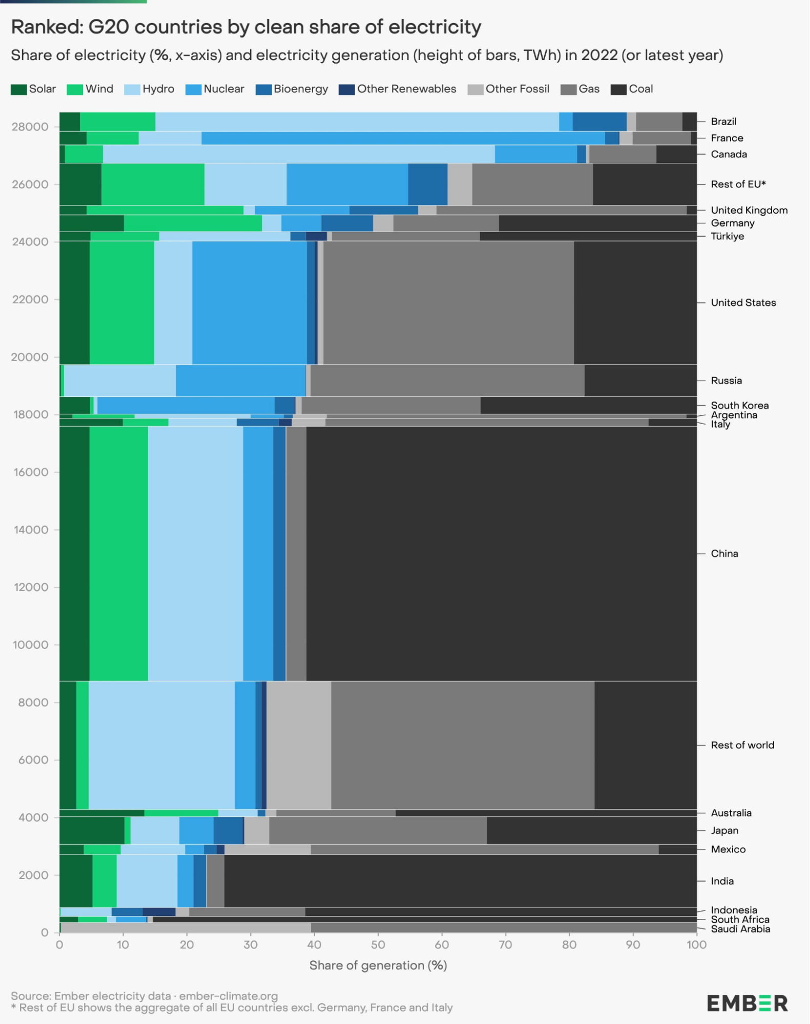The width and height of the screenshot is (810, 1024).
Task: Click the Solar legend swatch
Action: coord(18,89)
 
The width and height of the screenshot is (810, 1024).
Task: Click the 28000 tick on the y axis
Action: coord(30,127)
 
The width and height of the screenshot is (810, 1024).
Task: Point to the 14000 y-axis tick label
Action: coord(30,530)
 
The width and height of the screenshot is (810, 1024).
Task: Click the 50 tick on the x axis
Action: coord(378,945)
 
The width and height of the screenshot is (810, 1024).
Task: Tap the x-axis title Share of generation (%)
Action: coord(378,966)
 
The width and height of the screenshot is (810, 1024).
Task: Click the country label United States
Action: coord(743,303)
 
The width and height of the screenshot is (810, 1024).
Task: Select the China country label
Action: coord(724,554)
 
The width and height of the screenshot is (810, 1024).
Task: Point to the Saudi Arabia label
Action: coord(740,929)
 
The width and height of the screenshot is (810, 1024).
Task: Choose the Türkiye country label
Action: coord(727,236)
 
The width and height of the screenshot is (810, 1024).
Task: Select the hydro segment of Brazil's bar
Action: coord(357,122)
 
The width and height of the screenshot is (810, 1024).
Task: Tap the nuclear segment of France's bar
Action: coord(403,138)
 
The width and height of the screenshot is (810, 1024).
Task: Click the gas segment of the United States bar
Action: coord(448,303)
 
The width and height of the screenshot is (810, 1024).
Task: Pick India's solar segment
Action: coord(76,881)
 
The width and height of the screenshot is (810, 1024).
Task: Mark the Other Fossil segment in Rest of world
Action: coord(299,745)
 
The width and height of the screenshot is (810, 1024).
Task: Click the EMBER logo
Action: coord(747,1004)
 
